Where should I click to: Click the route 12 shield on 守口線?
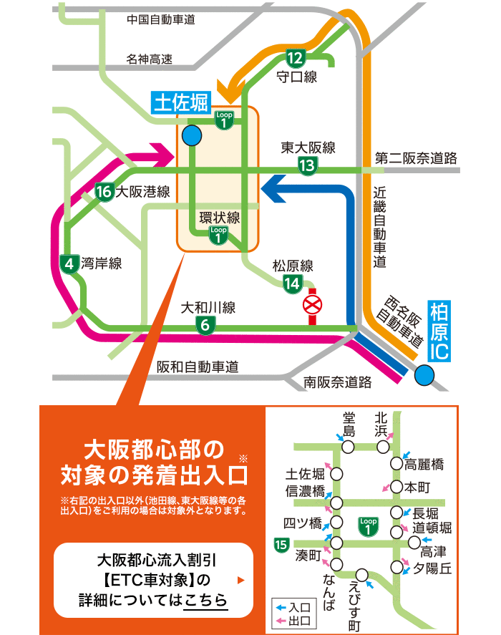[x=295, y=58]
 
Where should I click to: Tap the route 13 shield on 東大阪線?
[x=307, y=166]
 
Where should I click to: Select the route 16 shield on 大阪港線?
[x=104, y=192]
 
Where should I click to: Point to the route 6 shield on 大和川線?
[x=205, y=325]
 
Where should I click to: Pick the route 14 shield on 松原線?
[x=292, y=283]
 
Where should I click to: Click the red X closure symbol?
[x=313, y=306]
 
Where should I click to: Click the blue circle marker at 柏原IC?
[x=424, y=374]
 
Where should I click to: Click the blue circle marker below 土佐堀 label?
[x=191, y=135]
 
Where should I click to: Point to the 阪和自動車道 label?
[x=197, y=367]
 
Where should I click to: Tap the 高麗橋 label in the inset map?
[x=424, y=464]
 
